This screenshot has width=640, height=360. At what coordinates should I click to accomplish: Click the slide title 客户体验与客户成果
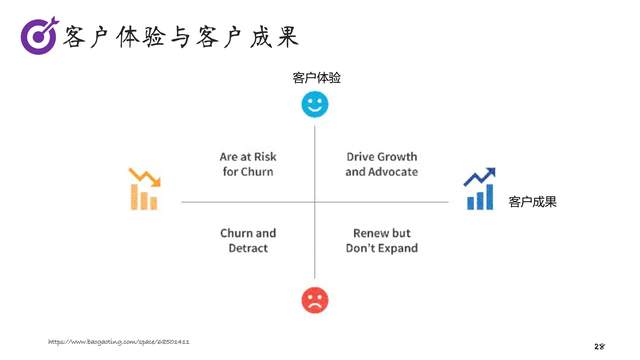[180, 37]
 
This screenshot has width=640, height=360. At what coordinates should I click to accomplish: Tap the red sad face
[315, 299]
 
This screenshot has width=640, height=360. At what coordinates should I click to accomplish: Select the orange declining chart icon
[144, 189]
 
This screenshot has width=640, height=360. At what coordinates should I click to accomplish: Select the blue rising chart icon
[480, 189]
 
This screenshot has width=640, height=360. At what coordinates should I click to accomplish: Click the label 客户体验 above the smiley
[316, 77]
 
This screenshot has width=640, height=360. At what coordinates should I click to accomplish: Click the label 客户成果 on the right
[532, 202]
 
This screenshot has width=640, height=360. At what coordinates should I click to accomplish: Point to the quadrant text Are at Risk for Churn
[248, 164]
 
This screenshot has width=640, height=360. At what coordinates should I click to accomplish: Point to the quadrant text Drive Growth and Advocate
[381, 164]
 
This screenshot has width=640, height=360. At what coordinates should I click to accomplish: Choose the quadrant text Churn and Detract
[248, 240]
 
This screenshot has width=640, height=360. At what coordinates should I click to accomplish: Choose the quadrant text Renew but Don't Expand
[381, 240]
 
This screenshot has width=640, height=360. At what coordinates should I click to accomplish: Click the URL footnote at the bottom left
[119, 342]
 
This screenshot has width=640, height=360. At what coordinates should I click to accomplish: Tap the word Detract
[248, 248]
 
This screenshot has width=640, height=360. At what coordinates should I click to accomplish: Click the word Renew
[362, 233]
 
